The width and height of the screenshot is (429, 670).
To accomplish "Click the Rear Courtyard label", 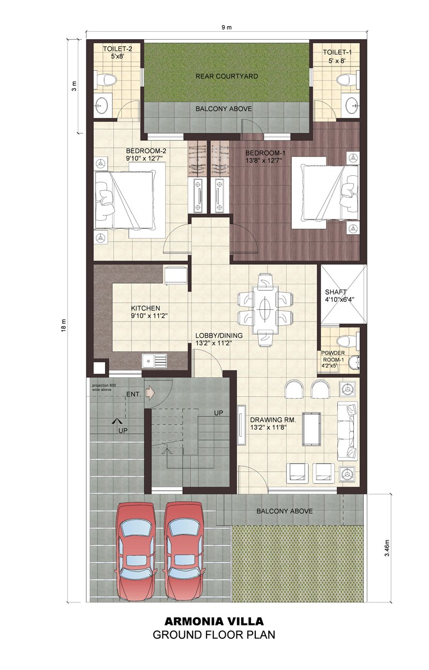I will click(226, 77).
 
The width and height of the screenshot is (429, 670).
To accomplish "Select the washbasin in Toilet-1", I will click(352, 105).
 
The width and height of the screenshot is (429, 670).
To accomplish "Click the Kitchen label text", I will click(146, 308).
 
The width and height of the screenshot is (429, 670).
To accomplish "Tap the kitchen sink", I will click(154, 361).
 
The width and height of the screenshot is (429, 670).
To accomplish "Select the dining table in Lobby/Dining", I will click(265, 309).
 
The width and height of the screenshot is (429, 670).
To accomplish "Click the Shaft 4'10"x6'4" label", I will click(339, 296).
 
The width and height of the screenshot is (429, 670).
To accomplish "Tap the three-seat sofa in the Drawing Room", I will click(348, 430).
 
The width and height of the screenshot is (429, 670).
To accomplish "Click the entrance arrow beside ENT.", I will click(150, 394).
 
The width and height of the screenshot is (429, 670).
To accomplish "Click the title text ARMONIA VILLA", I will click(214, 622).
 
